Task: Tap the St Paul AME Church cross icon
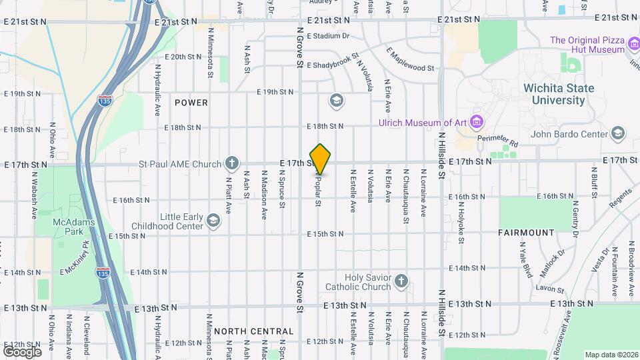pyautogui.click(x=231, y=162)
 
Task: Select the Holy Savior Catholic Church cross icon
pyautogui.click(x=401, y=281)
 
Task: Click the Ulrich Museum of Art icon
pyautogui.click(x=476, y=121)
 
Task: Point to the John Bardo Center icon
pyautogui.click(x=617, y=134)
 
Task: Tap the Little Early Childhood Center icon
pyautogui.click(x=213, y=221)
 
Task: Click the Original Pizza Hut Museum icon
pyautogui.click(x=635, y=49)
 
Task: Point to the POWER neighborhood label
pyautogui.click(x=191, y=103)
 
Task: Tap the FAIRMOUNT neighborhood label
pyautogui.click(x=526, y=233)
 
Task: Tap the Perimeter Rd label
pyautogui.click(x=499, y=141)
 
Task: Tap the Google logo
pyautogui.click(x=22, y=351)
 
